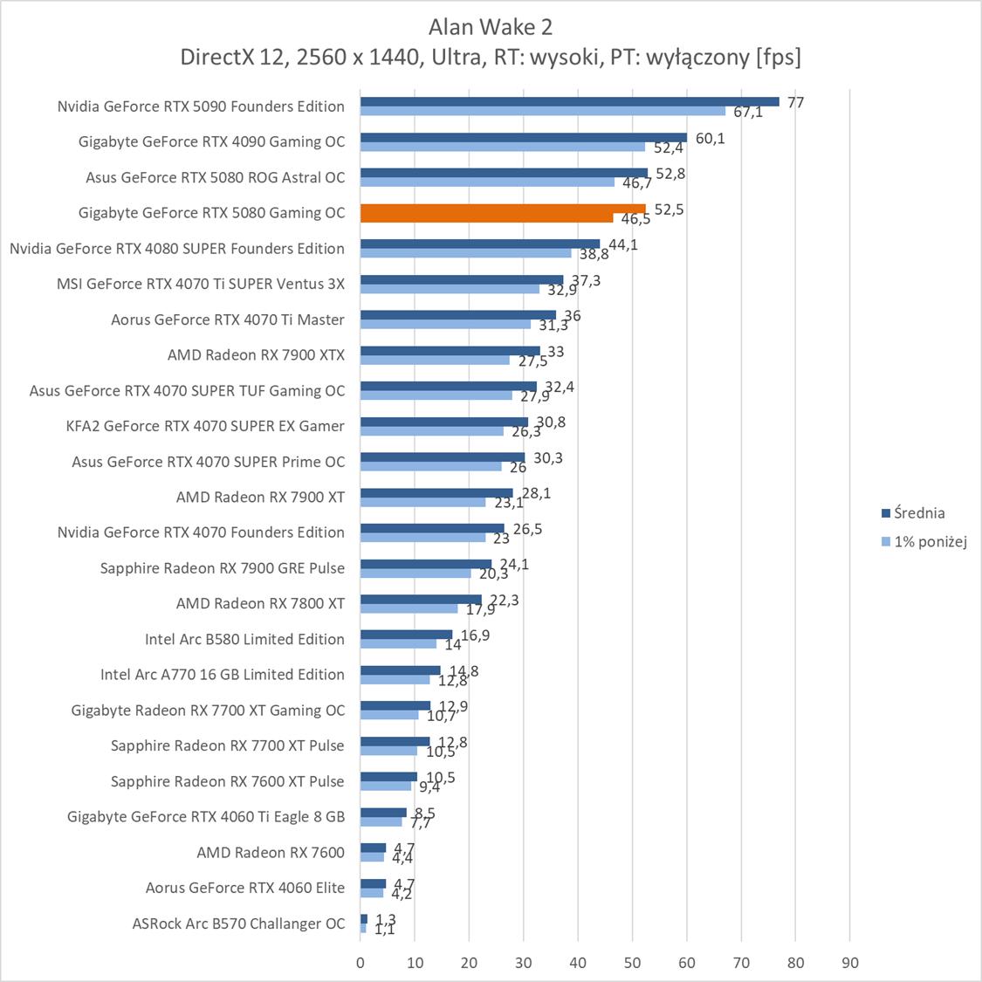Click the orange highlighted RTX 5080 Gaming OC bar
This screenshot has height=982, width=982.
[502, 209]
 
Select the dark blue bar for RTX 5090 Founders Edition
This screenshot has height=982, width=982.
[569, 101]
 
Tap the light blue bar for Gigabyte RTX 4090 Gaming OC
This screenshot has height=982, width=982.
[502, 147]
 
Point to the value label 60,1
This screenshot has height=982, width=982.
[710, 138]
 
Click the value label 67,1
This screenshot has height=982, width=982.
[747, 113]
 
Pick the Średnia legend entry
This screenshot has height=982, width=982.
[918, 513]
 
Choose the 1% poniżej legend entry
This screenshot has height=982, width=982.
[930, 541]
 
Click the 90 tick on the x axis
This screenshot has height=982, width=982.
[849, 963]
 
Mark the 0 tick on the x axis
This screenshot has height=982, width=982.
[361, 963]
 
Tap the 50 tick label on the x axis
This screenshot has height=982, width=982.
[632, 963]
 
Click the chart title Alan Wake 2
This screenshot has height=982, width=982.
[491, 27]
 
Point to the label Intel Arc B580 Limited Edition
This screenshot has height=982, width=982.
[244, 639]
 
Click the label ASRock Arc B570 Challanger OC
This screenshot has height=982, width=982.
[238, 924]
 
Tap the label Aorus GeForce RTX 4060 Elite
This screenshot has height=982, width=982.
[245, 888]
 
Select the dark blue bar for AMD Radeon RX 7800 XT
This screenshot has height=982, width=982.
[421, 599]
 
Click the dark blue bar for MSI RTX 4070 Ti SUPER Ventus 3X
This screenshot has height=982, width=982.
[462, 279]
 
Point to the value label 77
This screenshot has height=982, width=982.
[795, 102]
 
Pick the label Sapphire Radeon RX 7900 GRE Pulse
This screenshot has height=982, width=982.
[223, 568]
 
